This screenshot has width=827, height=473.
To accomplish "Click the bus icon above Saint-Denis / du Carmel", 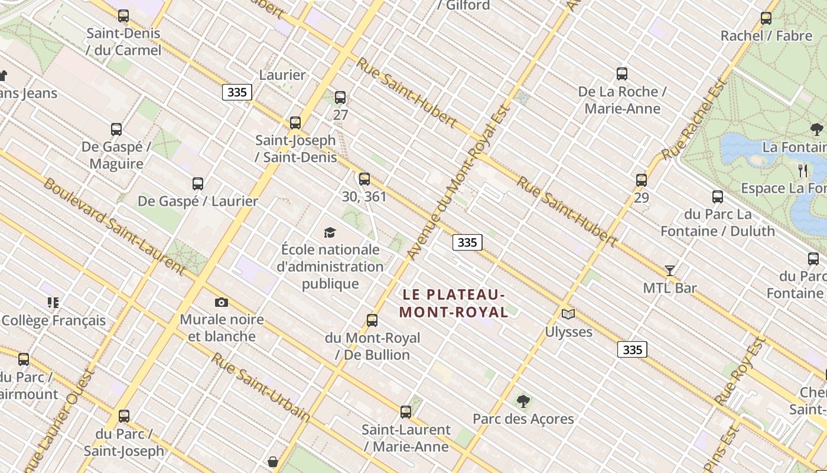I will (123, 16).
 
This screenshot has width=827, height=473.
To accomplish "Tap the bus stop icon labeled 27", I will (340, 98).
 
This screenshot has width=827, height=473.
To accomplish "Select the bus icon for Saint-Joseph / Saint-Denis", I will (295, 123).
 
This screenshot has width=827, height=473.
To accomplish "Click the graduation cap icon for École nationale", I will (330, 232).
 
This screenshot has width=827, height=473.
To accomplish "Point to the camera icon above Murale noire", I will (222, 303).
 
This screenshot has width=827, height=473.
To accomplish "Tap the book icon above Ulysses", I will (568, 314).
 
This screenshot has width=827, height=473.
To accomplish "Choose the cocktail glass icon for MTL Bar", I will (670, 271).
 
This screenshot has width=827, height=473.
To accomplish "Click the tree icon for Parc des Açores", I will (523, 401).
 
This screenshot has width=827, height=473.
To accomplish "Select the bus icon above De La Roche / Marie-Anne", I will (622, 74).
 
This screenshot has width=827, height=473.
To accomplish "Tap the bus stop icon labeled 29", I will (642, 180).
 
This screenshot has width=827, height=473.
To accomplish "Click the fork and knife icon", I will (803, 171).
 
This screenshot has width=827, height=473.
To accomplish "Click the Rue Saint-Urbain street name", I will (261, 387).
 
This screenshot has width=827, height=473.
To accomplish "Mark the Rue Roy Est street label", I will (740, 371).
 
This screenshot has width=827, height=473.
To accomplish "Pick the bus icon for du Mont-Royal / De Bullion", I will (372, 320).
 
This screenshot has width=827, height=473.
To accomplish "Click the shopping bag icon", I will (273, 461).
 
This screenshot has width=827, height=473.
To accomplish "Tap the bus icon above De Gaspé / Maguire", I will (116, 129).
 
